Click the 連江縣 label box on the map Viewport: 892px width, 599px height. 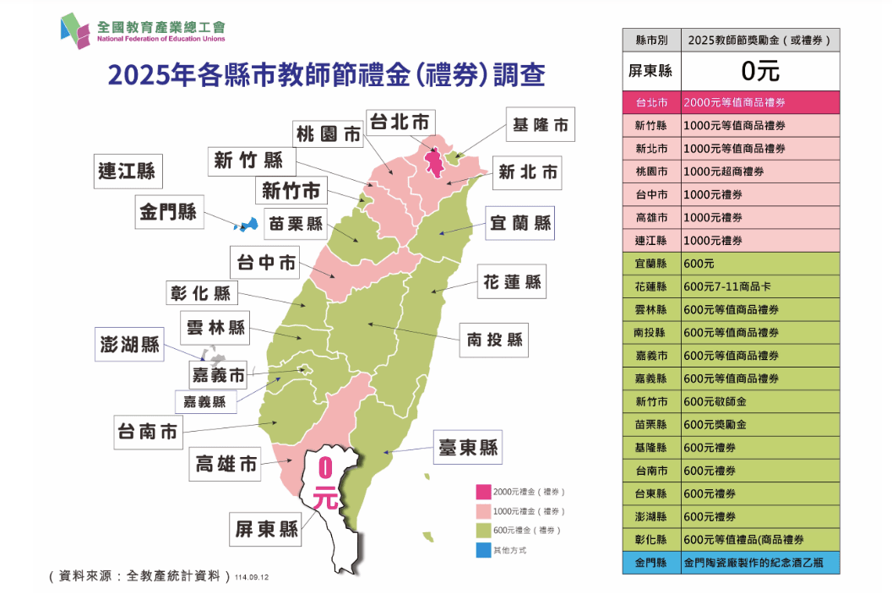coord(127,171)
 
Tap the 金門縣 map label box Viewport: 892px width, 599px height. coord(168,211)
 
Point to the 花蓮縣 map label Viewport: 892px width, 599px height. coord(512,281)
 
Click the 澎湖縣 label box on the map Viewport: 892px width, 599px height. coord(128,345)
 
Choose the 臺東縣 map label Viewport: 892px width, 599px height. coord(468,447)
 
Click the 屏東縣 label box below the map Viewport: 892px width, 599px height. coord(267,529)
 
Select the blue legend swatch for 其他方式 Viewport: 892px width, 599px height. coord(483,550)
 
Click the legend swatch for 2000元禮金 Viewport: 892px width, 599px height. coord(483,492)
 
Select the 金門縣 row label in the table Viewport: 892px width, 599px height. coord(650,562)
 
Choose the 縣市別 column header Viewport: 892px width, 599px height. coord(650,40)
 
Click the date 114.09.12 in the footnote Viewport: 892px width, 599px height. coord(254,577)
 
